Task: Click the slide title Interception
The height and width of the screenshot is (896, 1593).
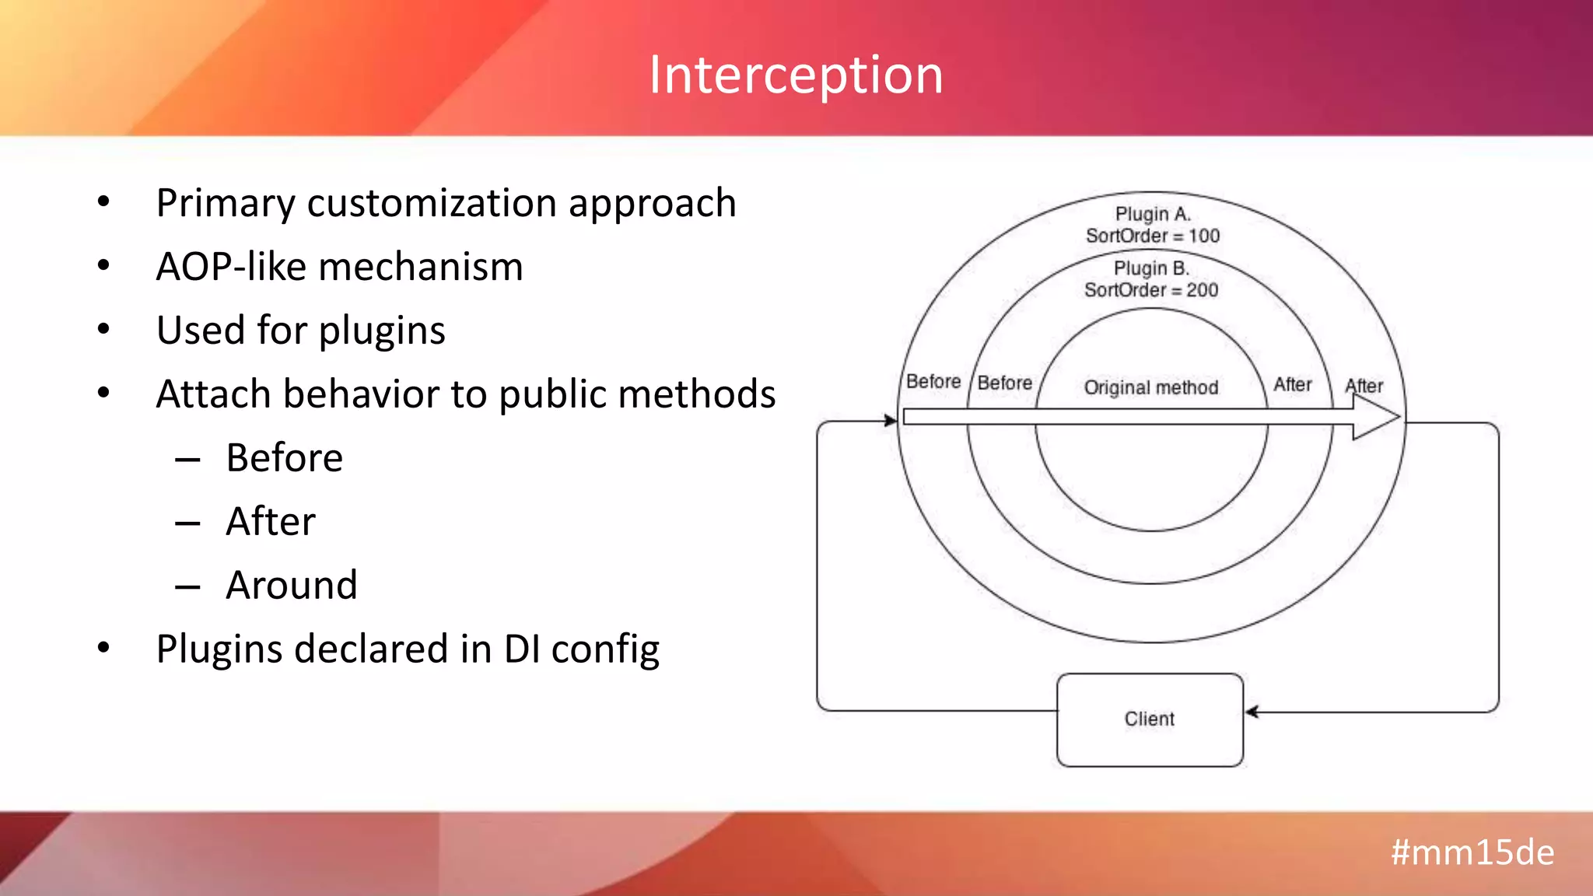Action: pyautogui.click(x=796, y=75)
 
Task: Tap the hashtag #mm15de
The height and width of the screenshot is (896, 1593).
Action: pyautogui.click(x=1472, y=852)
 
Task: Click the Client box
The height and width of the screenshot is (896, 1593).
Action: pyautogui.click(x=1149, y=719)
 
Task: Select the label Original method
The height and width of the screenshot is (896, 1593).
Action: pyautogui.click(x=1150, y=387)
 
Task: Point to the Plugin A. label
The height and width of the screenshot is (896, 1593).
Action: pyautogui.click(x=1152, y=214)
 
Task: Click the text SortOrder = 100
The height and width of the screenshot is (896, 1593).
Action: pyautogui.click(x=1152, y=236)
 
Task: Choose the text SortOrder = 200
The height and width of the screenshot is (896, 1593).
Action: pyautogui.click(x=1150, y=290)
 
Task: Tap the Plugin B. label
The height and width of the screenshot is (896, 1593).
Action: pyautogui.click(x=1150, y=268)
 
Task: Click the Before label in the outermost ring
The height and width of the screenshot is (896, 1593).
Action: pyautogui.click(x=933, y=382)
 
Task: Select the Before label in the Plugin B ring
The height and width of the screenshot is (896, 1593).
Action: pyautogui.click(x=1004, y=383)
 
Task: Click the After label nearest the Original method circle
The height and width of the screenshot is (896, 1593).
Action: pyautogui.click(x=1292, y=384)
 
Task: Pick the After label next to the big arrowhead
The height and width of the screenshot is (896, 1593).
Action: pyautogui.click(x=1364, y=386)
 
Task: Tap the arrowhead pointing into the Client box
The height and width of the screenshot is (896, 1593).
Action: pyautogui.click(x=1252, y=712)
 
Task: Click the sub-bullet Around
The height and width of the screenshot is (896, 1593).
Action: pyautogui.click(x=292, y=585)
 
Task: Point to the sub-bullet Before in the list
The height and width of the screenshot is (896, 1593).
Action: pyautogui.click(x=284, y=457)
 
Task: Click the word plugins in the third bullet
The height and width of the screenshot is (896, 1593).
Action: pyautogui.click(x=381, y=331)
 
